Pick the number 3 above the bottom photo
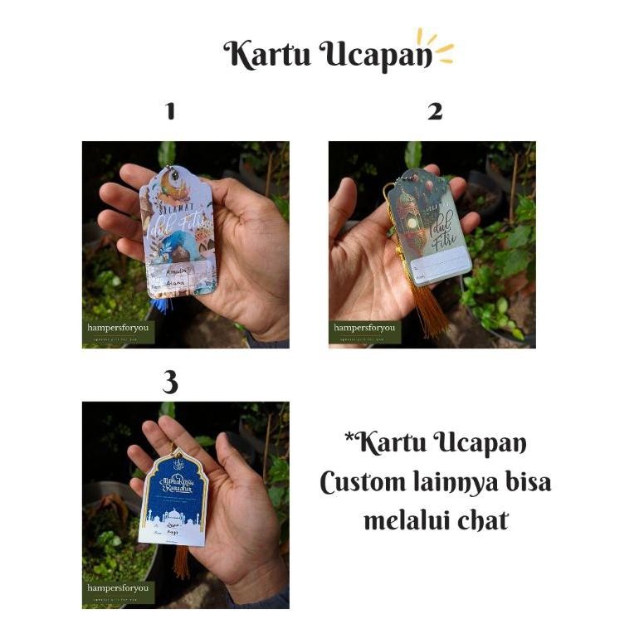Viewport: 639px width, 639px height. [x=170, y=382]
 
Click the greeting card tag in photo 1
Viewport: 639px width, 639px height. [x=178, y=232]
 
